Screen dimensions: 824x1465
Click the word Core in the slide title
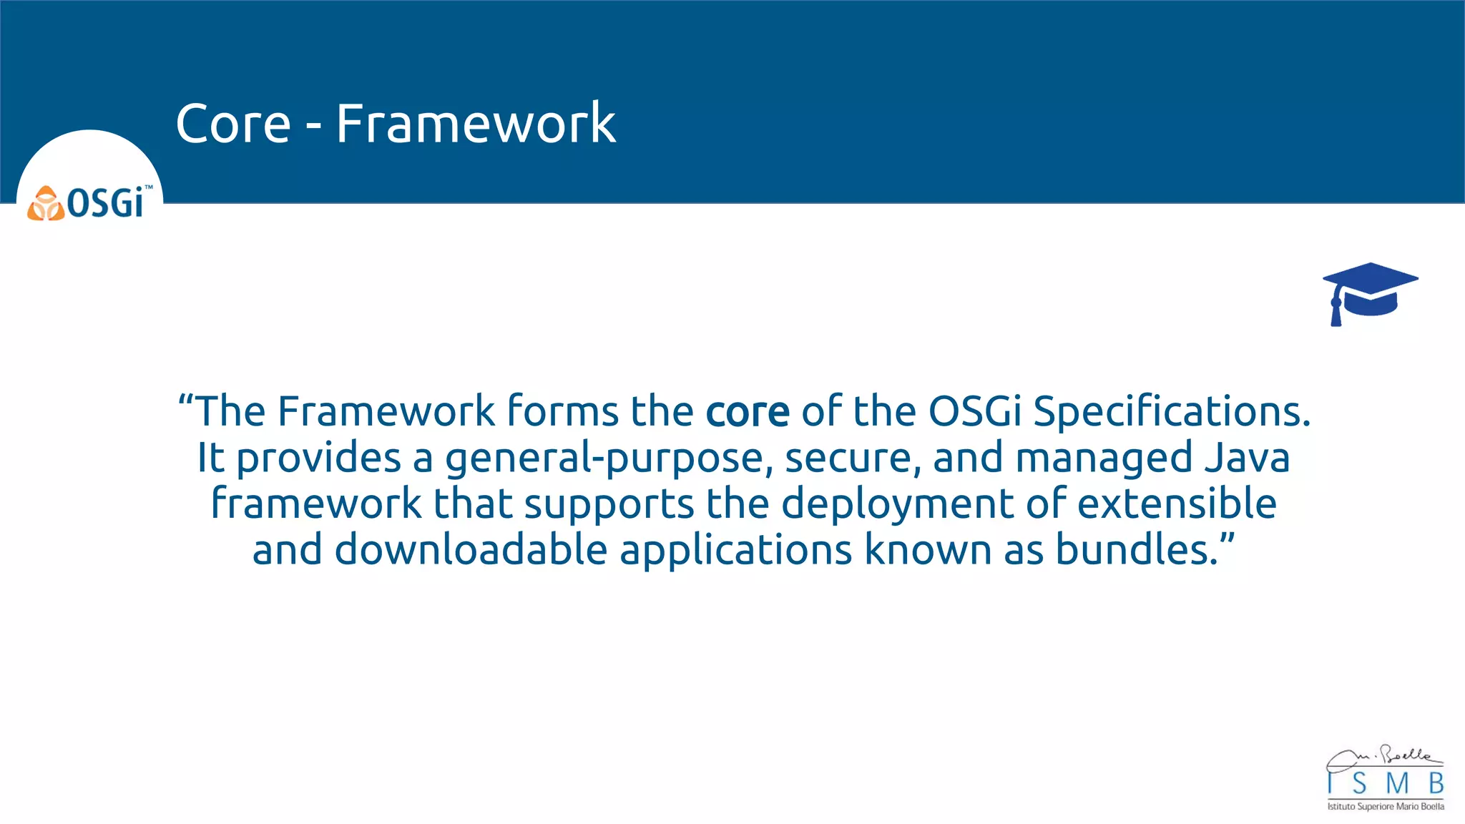pyautogui.click(x=233, y=124)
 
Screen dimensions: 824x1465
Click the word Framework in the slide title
pyautogui.click(x=476, y=124)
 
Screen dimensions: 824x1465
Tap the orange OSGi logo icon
pyautogui.click(x=45, y=204)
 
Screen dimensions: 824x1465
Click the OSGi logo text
pyautogui.click(x=106, y=203)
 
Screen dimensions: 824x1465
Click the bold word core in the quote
pyautogui.click(x=748, y=412)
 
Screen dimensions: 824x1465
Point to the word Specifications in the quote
pyautogui.click(x=1171, y=412)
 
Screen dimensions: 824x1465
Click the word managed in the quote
pyautogui.click(x=1104, y=458)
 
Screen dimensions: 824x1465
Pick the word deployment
pyautogui.click(x=897, y=504)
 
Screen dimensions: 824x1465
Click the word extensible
pyautogui.click(x=1177, y=504)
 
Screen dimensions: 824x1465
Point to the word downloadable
pyautogui.click(x=471, y=550)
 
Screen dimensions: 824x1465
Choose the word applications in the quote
pyautogui.click(x=736, y=550)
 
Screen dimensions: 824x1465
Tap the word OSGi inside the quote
pyautogui.click(x=975, y=412)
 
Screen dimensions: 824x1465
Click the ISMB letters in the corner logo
pyautogui.click(x=1386, y=784)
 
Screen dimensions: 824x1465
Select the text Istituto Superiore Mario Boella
pyautogui.click(x=1386, y=807)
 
